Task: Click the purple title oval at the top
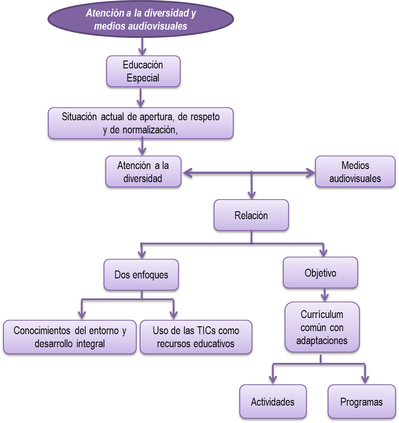pos(141,20)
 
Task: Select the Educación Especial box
pos(143,71)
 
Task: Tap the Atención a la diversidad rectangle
pos(143,172)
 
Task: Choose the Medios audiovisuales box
pos(355,172)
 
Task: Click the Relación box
pos(251,216)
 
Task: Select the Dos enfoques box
pos(141,275)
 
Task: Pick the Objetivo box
pos(320,273)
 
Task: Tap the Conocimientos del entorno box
pos(70,337)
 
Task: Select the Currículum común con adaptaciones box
pos(322,327)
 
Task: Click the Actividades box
pos(272,402)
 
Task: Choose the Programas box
pos(361,402)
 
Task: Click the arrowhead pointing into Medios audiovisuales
pos(310,173)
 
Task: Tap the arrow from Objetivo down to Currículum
pos(323,295)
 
